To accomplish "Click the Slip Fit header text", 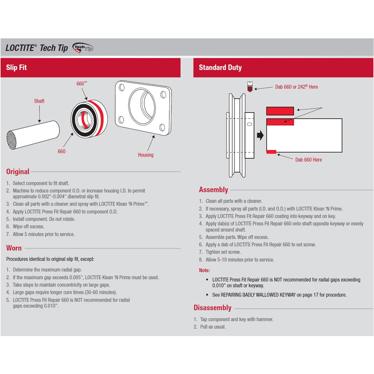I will (x=16, y=68).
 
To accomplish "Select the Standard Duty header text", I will (x=220, y=68).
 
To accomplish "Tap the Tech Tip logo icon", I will (x=83, y=48).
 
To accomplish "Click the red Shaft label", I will (x=39, y=101).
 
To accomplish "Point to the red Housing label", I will (x=145, y=155).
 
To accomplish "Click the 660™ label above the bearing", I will (x=82, y=84).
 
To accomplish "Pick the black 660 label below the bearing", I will (x=62, y=151).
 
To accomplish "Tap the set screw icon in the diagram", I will (x=250, y=87).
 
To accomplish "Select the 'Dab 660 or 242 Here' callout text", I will (x=297, y=87).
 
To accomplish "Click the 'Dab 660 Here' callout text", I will (x=309, y=160).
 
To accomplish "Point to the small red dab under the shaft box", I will (x=271, y=151).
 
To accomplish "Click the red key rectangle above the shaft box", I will (x=280, y=111).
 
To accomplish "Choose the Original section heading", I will (x=18, y=172).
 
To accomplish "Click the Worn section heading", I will (x=14, y=248).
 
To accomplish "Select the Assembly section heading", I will (x=214, y=190).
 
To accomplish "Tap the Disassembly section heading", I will (x=212, y=308).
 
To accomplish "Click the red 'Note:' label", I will (x=204, y=270).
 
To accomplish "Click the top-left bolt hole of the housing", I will (x=121, y=89).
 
